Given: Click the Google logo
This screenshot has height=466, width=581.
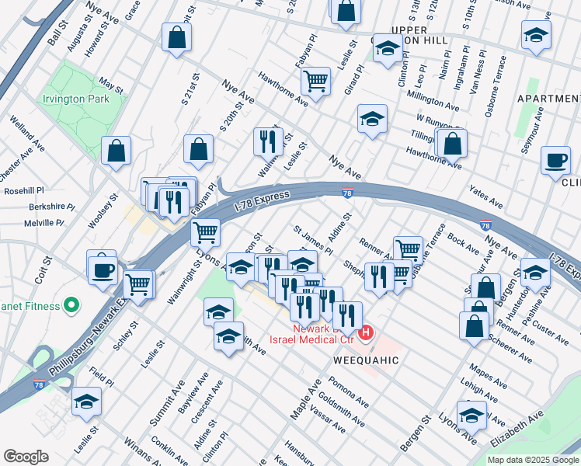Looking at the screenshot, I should (26, 457).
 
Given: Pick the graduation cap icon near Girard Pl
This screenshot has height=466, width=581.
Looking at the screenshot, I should (372, 120).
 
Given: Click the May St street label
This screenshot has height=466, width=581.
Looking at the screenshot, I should (111, 85).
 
